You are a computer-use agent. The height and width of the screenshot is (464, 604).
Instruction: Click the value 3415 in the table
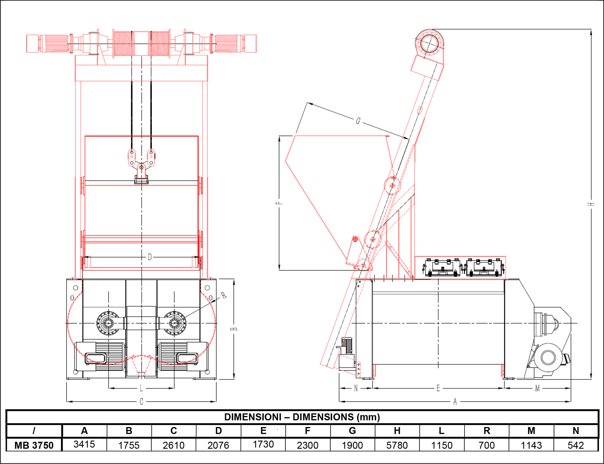click(84, 444)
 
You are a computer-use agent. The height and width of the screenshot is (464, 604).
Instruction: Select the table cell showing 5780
click(397, 445)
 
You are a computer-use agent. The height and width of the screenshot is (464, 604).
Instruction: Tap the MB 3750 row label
click(34, 445)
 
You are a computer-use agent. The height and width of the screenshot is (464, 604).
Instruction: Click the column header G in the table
click(352, 431)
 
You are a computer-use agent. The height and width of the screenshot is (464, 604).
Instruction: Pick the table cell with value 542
click(576, 445)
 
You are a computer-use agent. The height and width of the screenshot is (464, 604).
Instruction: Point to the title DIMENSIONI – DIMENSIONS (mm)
click(302, 417)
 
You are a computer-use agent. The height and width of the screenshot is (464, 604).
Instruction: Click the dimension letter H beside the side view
click(591, 204)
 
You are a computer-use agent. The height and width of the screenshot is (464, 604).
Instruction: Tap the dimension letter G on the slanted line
click(358, 121)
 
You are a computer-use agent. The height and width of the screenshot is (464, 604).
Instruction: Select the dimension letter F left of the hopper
click(279, 203)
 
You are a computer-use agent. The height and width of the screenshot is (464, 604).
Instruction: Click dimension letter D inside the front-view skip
click(150, 257)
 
